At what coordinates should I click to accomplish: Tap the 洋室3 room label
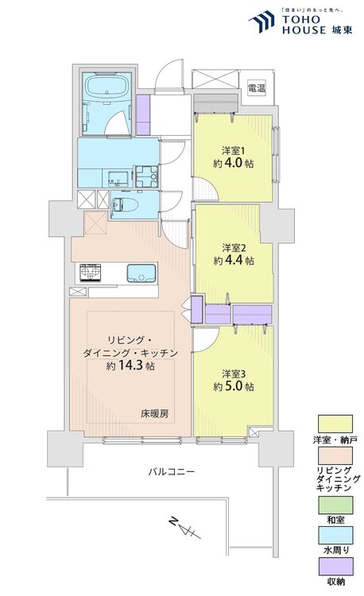[233, 373]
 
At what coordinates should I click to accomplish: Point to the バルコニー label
[171, 472]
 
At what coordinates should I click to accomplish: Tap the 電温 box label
[256, 87]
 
